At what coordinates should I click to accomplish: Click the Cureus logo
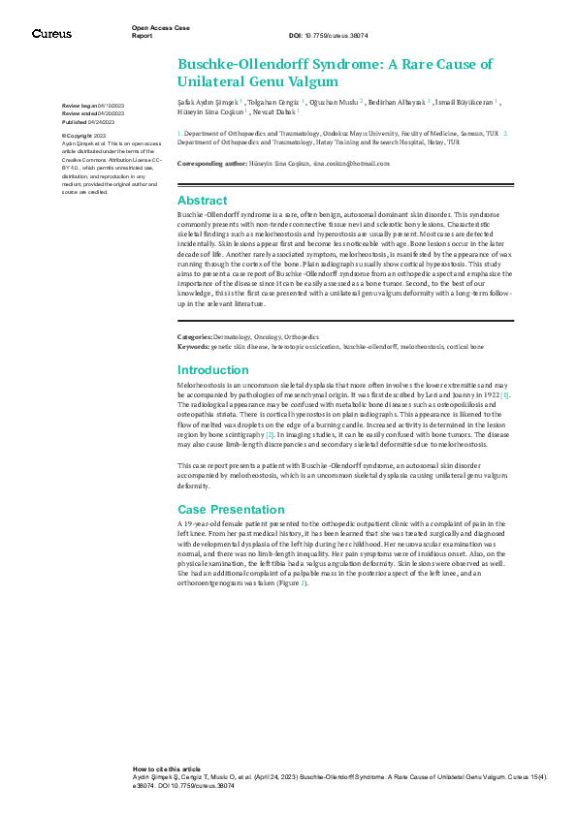51,34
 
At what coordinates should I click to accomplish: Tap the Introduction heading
212,370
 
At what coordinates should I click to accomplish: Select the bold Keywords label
192,346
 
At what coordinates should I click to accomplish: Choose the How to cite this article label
167,768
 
